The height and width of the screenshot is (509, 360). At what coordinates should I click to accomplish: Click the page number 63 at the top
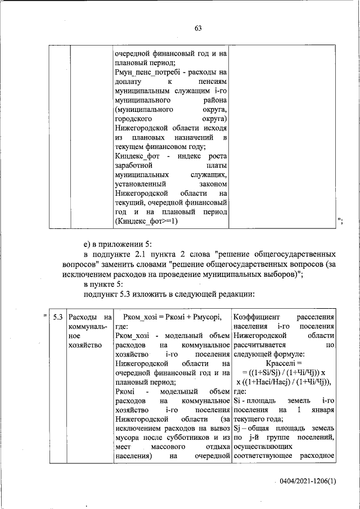coord(198,29)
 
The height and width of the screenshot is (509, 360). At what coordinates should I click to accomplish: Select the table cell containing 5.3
coord(57,318)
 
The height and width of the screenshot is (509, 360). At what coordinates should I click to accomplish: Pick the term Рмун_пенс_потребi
coord(146,72)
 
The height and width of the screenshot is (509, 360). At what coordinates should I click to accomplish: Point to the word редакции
coord(237,293)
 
